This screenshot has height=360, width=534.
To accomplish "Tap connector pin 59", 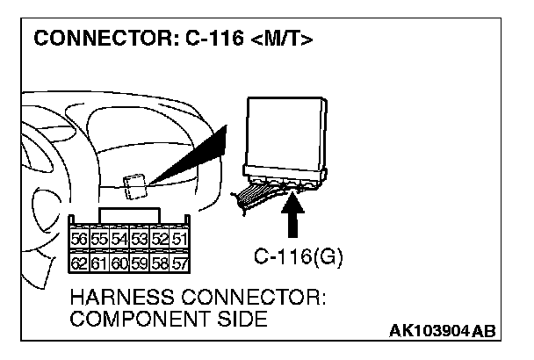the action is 140,262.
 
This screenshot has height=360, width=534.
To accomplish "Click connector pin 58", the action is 159,262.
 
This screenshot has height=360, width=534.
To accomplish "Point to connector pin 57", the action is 178,262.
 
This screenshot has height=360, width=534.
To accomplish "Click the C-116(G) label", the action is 298,258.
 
